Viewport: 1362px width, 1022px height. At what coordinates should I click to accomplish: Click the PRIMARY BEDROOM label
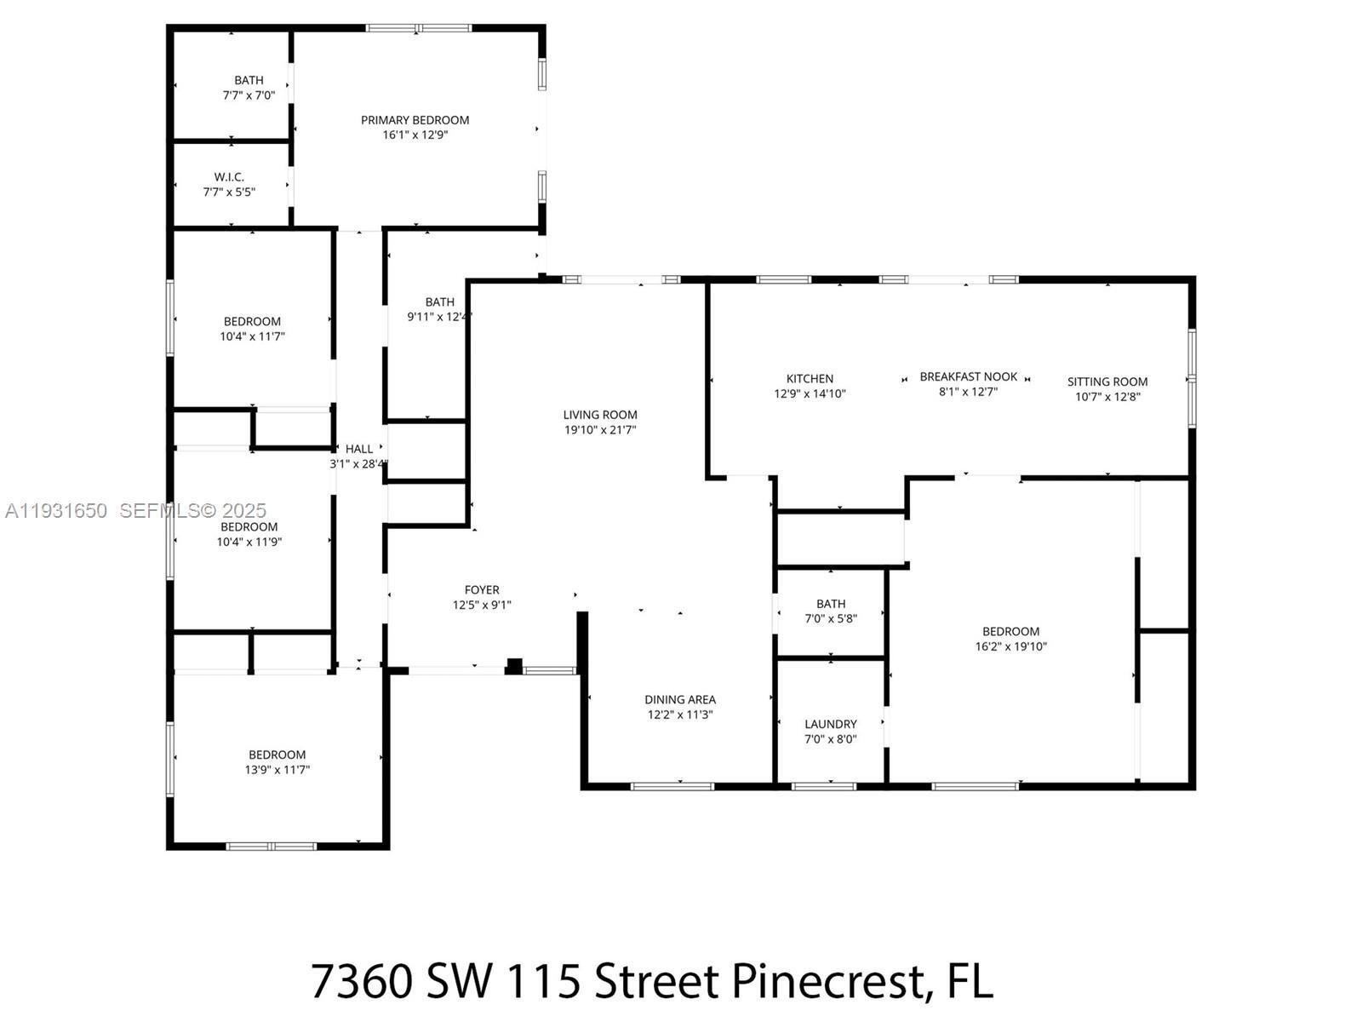415,120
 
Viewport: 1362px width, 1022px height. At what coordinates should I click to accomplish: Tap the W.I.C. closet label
229,177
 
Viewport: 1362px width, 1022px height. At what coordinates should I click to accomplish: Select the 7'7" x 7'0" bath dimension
249,95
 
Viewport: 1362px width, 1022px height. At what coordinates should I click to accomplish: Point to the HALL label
358,449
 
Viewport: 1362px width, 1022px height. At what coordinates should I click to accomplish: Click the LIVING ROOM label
599,415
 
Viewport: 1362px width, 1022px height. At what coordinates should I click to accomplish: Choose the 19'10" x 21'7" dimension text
599,430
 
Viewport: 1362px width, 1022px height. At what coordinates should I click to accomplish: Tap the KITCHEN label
810,379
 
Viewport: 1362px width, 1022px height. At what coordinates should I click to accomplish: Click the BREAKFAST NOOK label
968,376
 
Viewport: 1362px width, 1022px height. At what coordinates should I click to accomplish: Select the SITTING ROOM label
1107,382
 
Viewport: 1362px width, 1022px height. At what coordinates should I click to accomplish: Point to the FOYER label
482,589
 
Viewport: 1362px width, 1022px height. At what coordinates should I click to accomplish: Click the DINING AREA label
679,699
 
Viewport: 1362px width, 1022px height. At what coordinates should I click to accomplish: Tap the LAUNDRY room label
830,724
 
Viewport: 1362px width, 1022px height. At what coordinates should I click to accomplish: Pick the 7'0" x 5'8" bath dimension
830,619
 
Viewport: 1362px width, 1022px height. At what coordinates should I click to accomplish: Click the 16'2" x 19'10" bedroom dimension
1010,646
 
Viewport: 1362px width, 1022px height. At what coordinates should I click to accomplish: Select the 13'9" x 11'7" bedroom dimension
277,770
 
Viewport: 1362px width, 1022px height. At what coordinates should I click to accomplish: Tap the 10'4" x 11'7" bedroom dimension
252,336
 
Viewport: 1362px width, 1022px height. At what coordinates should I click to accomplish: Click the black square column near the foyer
514,666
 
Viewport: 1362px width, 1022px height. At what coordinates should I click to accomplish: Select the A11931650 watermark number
56,511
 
